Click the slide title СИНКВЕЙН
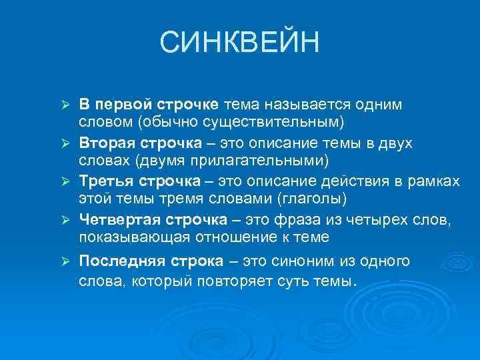240,43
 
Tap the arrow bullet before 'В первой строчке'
65,106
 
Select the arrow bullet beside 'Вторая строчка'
65,144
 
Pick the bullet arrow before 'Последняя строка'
65,261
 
